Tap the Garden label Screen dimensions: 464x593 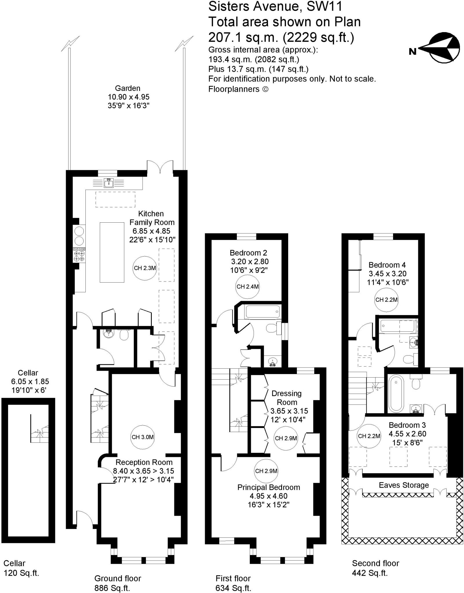[127, 88]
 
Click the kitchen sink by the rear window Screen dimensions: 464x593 [109, 183]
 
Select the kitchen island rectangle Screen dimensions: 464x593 [112, 252]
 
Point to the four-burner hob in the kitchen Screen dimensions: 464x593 [79, 255]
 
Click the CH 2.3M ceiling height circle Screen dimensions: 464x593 [145, 268]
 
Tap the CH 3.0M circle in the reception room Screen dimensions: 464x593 [143, 437]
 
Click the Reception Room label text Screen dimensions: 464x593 [144, 462]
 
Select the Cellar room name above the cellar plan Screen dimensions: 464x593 [28, 373]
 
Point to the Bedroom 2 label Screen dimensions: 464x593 [248, 253]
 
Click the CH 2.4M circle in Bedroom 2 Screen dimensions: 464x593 [247, 287]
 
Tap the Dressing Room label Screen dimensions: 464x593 [287, 398]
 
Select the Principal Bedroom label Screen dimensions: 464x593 [268, 487]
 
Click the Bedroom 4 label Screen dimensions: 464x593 [387, 265]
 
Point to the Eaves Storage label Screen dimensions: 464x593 [404, 485]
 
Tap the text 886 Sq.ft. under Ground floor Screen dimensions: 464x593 [112, 588]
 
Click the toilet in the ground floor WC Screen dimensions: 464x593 [124, 335]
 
